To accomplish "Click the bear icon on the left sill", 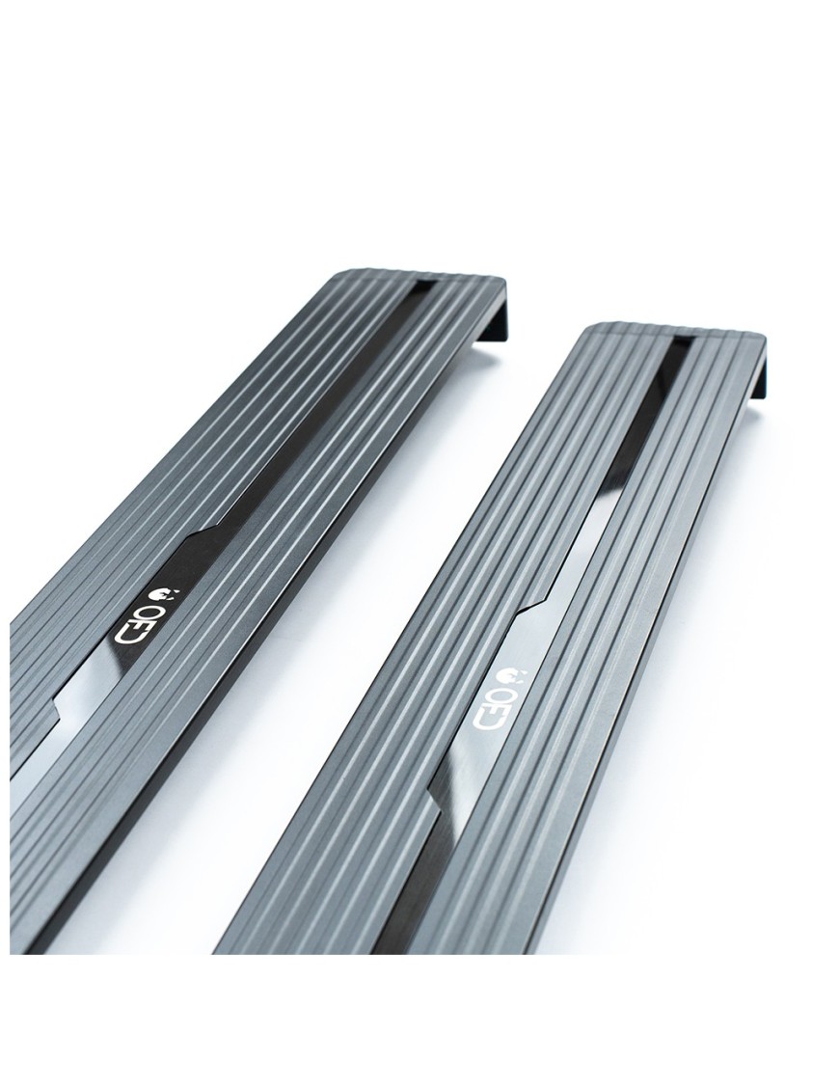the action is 161,595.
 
